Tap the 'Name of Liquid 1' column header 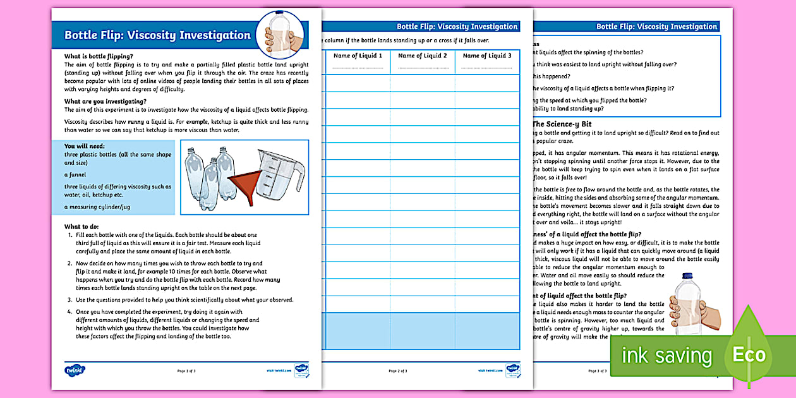(x=358, y=56)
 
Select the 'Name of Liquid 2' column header (x=423, y=56)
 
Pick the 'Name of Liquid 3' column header (x=487, y=56)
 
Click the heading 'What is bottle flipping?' (x=99, y=56)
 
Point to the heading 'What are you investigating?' (x=105, y=101)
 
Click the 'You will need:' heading (x=85, y=146)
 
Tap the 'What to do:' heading (x=81, y=226)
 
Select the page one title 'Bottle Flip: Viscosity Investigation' (x=157, y=35)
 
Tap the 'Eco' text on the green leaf (x=749, y=354)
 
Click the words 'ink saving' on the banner (x=666, y=356)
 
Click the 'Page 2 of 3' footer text (x=397, y=371)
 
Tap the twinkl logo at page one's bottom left (x=75, y=370)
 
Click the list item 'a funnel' (x=75, y=174)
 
